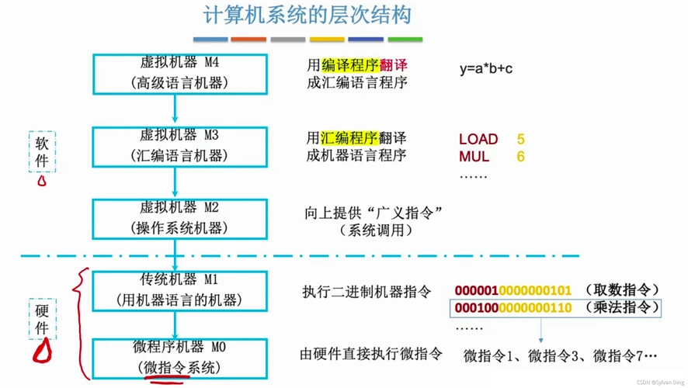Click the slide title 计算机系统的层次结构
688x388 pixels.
[x=307, y=15]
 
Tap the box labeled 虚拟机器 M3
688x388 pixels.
[x=178, y=146]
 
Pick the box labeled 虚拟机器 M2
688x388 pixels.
[x=178, y=218]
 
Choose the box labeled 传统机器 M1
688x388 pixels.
[x=178, y=289]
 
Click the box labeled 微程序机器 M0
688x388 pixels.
[x=178, y=358]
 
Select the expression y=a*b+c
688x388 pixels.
[x=485, y=68]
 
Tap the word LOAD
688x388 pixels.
[x=478, y=140]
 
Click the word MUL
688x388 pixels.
[x=474, y=157]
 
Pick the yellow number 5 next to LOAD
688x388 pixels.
[x=520, y=140]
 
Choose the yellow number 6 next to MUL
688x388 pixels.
[x=520, y=157]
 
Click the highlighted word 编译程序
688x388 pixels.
[x=349, y=65]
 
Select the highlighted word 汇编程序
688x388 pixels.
[x=349, y=138]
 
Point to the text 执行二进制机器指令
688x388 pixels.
[x=366, y=292]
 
